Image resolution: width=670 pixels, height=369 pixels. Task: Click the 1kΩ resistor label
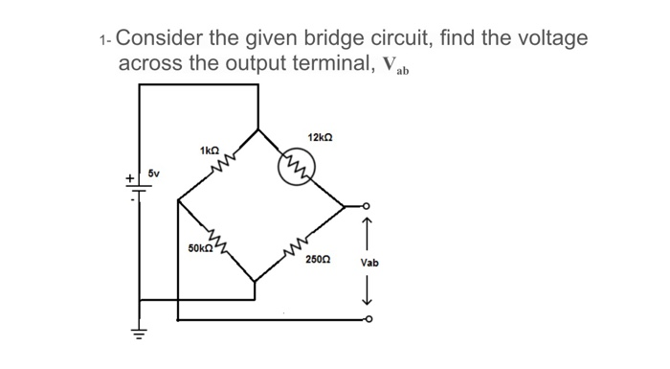point(210,150)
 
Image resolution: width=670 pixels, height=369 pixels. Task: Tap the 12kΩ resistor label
point(320,137)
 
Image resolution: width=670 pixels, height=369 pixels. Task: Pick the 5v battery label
point(154,173)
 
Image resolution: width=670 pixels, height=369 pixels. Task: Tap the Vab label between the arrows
point(369,263)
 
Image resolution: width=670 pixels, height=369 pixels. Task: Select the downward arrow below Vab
point(368,291)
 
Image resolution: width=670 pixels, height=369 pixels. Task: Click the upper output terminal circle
point(365,206)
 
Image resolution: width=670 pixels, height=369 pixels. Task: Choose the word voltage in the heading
point(545,40)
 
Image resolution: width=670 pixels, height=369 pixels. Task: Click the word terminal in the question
point(309,65)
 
